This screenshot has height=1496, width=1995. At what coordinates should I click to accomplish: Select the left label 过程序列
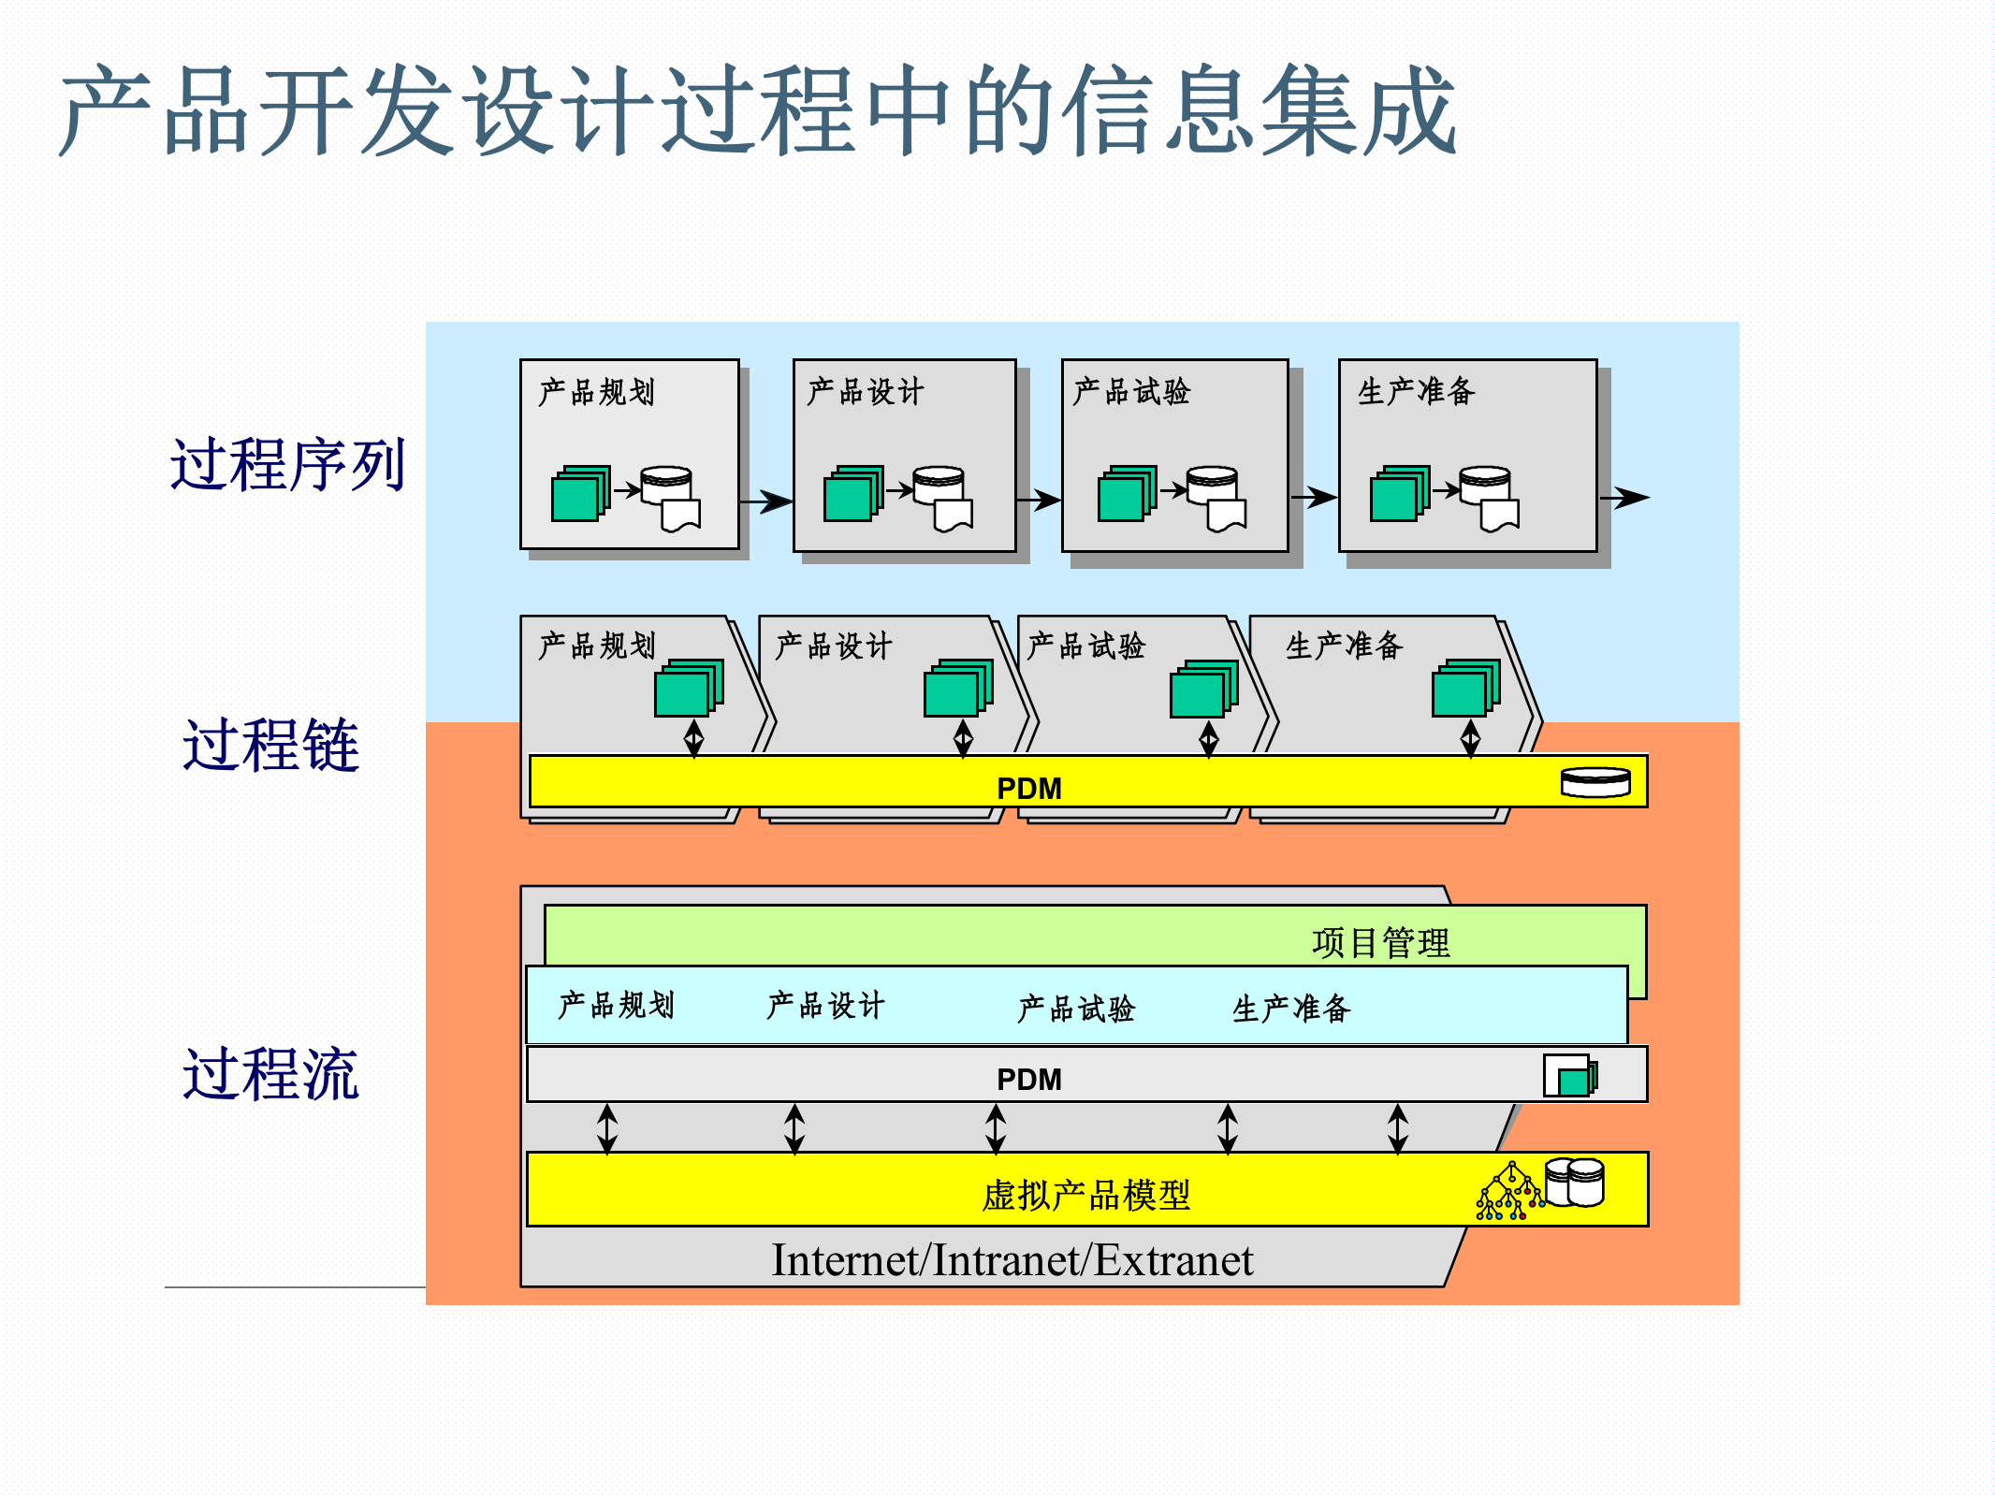(x=287, y=465)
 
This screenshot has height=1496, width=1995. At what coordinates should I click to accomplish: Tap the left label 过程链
(x=271, y=746)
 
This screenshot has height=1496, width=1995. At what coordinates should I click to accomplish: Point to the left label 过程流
(x=271, y=1074)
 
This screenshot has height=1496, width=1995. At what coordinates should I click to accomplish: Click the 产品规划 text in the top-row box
(x=596, y=392)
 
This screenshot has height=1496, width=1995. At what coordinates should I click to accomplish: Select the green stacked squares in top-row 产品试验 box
(x=1126, y=493)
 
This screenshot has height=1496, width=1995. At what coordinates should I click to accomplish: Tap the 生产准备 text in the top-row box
(x=1417, y=391)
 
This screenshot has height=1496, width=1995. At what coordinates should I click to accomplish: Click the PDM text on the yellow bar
(x=1028, y=789)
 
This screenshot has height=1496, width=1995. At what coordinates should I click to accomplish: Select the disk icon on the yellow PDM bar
(x=1595, y=782)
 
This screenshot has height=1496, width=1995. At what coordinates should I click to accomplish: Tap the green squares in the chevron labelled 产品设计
(x=956, y=688)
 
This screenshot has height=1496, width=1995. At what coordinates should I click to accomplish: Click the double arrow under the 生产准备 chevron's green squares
(x=1470, y=737)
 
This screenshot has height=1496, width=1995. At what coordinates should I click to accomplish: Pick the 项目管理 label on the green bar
(x=1380, y=942)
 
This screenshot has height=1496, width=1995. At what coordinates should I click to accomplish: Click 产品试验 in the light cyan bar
(x=1076, y=1009)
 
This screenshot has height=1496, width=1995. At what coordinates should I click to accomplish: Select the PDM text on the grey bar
(x=1028, y=1080)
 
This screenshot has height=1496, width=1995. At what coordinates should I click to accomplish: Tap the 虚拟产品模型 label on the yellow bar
(x=1085, y=1196)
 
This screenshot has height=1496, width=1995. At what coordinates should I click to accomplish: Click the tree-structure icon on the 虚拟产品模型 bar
(x=1508, y=1193)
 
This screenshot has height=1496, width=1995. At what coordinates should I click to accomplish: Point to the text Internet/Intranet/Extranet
(x=1012, y=1260)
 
